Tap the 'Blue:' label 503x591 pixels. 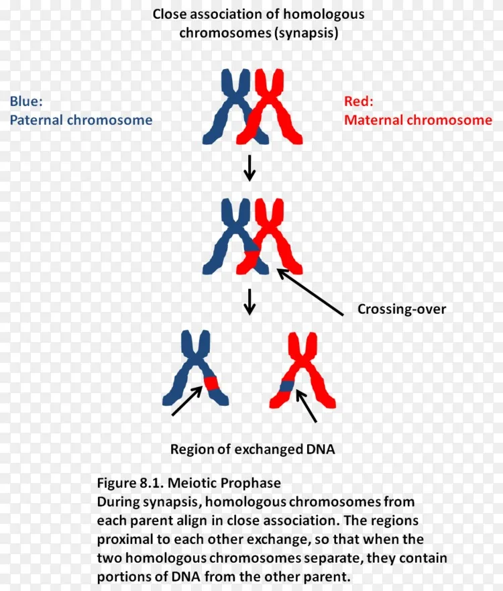(26, 101)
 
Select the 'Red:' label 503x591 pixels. (358, 101)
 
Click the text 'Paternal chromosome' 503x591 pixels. (81, 120)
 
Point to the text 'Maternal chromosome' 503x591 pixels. (418, 120)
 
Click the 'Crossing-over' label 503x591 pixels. (402, 309)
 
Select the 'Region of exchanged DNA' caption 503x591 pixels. (252, 449)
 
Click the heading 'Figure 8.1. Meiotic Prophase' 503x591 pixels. (188, 483)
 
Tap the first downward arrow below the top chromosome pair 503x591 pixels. (249, 168)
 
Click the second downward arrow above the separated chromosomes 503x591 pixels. (249, 301)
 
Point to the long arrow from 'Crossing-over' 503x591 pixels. (310, 291)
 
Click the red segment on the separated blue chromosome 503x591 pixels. (211, 383)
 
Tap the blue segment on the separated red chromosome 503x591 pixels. (287, 386)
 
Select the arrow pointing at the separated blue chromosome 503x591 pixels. (187, 400)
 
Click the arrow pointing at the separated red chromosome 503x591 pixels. (306, 406)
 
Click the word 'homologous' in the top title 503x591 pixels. (324, 14)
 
